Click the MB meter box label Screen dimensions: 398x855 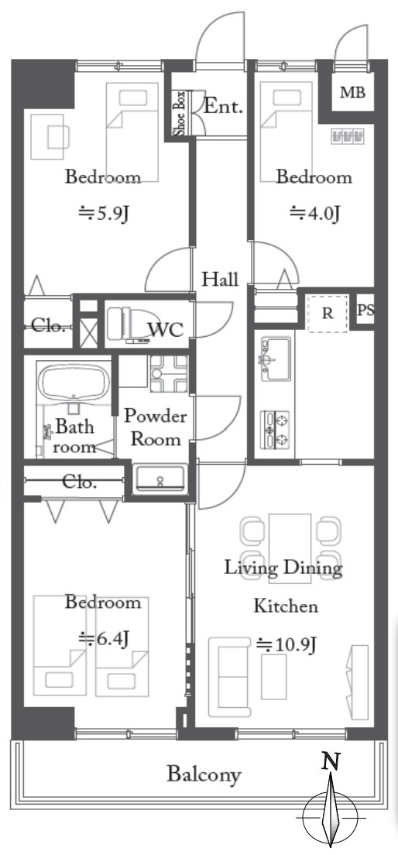(353, 92)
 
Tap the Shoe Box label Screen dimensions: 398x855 (180, 115)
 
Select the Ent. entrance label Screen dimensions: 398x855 (223, 106)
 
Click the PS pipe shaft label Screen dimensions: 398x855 (365, 311)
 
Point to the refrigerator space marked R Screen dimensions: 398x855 (327, 314)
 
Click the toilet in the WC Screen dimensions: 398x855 (126, 325)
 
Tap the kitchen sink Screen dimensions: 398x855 (276, 359)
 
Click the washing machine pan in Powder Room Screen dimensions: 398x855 (169, 374)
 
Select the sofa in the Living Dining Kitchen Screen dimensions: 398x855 (230, 677)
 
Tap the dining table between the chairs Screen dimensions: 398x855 (290, 548)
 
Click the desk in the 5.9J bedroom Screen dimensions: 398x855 (50, 136)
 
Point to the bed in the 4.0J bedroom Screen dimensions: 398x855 (286, 132)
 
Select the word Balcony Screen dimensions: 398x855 (204, 774)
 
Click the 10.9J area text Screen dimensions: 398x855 (286, 645)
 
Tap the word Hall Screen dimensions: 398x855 (220, 280)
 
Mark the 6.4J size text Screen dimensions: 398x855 (104, 637)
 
